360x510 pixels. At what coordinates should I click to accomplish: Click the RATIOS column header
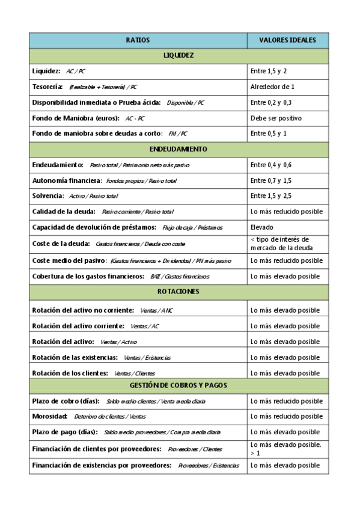[138, 40]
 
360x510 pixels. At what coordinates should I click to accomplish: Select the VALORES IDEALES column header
[287, 40]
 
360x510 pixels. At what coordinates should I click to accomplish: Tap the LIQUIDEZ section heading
[178, 56]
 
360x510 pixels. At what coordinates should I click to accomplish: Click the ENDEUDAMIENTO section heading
[178, 149]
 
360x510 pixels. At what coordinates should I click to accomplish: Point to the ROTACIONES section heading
[178, 292]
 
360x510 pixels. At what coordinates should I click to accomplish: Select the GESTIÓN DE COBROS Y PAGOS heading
[178, 386]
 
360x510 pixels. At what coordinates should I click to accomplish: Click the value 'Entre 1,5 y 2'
[269, 72]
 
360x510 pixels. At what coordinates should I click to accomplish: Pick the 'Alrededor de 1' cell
[272, 87]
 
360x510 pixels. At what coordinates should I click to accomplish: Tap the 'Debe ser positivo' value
[276, 118]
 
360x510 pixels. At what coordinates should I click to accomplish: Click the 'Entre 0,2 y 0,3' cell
[271, 103]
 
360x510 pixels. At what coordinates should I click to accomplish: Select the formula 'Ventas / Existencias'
[147, 358]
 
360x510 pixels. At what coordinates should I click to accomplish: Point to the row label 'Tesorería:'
[47, 87]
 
